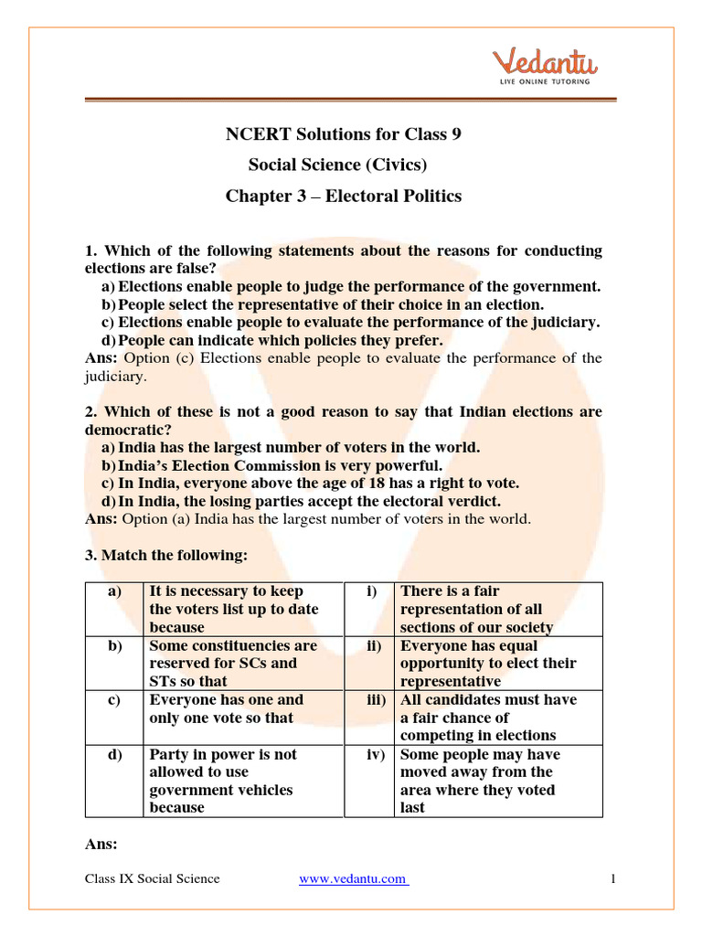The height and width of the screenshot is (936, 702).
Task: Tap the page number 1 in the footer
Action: pyautogui.click(x=613, y=879)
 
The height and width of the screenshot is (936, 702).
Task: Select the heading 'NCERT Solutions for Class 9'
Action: pyautogui.click(x=344, y=134)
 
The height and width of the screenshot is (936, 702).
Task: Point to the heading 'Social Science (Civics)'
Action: pyautogui.click(x=338, y=165)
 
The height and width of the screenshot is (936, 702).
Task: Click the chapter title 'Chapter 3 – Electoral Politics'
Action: pyautogui.click(x=344, y=197)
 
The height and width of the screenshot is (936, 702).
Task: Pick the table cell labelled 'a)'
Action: pyautogui.click(x=114, y=591)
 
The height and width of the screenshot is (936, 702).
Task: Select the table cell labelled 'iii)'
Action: pyautogui.click(x=370, y=700)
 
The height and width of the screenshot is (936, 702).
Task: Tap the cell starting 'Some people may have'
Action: pyautogui.click(x=481, y=781)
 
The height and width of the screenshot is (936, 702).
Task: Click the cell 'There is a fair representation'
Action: pyautogui.click(x=476, y=609)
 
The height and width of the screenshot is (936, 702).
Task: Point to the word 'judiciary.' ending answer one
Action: pyautogui.click(x=115, y=376)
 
